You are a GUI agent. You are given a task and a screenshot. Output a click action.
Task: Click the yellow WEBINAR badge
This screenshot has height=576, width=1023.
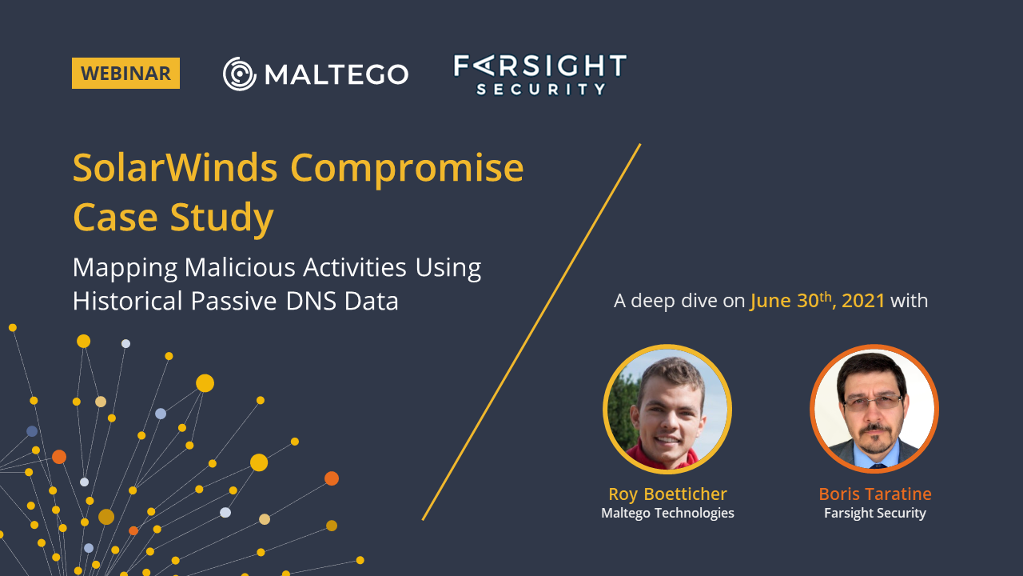click(x=125, y=73)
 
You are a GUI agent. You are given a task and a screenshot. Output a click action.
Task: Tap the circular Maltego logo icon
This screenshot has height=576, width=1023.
click(x=240, y=74)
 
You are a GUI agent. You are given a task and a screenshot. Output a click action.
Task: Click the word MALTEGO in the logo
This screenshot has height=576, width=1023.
click(x=336, y=74)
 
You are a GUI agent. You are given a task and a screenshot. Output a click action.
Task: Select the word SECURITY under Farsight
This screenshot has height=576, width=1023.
click(x=541, y=89)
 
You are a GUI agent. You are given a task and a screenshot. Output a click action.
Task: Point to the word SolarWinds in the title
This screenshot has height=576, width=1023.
click(x=175, y=168)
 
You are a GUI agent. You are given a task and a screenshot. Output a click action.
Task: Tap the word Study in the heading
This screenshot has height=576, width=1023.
click(x=222, y=218)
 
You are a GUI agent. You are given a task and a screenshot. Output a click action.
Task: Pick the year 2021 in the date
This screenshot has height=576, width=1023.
click(x=863, y=301)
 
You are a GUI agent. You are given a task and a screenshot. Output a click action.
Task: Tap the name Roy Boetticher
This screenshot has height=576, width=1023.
click(x=667, y=494)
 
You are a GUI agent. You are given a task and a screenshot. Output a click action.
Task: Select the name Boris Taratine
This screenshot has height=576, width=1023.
click(x=875, y=494)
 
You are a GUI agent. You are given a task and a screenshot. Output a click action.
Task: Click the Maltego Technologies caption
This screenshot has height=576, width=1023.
click(x=667, y=514)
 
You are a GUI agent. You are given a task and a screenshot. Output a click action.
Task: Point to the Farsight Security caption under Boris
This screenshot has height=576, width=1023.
click(x=875, y=514)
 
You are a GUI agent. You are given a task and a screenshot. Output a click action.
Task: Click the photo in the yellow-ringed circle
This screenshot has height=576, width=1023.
click(x=667, y=409)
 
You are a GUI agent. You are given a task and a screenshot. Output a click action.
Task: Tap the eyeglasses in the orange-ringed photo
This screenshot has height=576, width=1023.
click(x=873, y=402)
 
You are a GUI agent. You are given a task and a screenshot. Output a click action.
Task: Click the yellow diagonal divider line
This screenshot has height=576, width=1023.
click(x=531, y=332)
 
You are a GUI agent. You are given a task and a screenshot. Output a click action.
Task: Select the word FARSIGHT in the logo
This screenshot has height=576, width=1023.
click(x=539, y=66)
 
